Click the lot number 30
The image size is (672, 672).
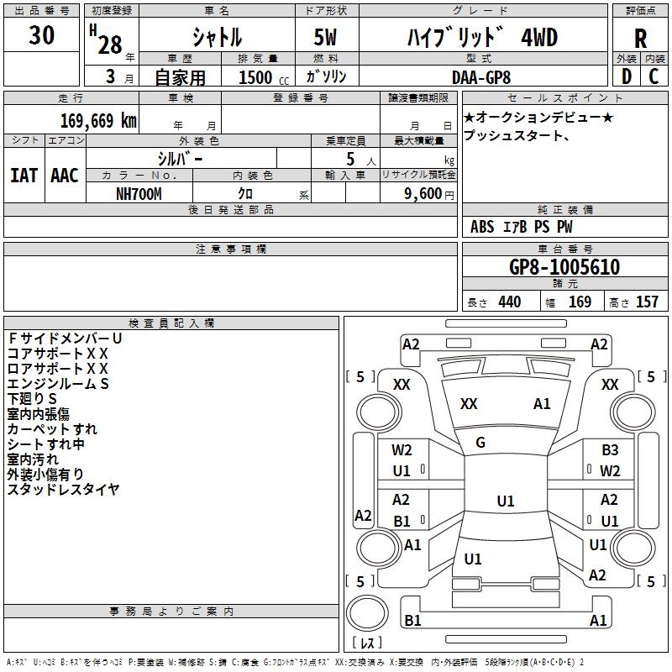click(x=42, y=36)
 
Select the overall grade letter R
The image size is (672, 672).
click(x=640, y=39)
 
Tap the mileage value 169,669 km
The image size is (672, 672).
click(x=98, y=120)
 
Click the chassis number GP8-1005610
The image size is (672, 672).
click(x=564, y=268)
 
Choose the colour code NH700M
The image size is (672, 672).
click(x=139, y=193)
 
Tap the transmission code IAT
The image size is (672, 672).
click(x=24, y=176)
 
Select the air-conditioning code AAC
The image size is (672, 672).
click(x=64, y=176)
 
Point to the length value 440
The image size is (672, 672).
click(x=509, y=302)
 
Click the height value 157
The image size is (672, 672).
click(x=647, y=302)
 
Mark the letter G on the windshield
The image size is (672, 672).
click(x=480, y=443)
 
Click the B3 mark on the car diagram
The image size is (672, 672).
click(x=610, y=450)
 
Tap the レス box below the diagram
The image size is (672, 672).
click(x=366, y=644)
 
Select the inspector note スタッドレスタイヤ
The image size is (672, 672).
click(x=64, y=489)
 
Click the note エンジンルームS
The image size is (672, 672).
click(x=59, y=383)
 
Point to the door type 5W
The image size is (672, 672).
click(x=326, y=39)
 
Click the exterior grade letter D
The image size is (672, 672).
click(x=626, y=76)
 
